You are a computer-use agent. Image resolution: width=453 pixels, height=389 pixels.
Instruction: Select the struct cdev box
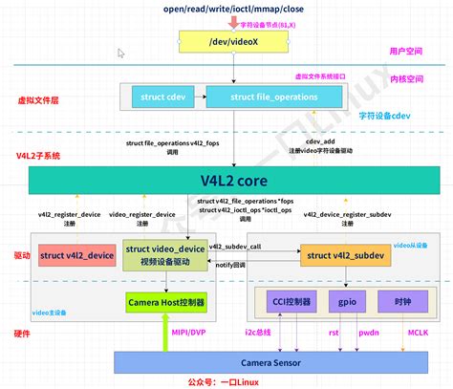pos(159,97)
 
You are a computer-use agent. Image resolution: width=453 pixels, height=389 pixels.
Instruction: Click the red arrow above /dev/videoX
pos(226,22)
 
